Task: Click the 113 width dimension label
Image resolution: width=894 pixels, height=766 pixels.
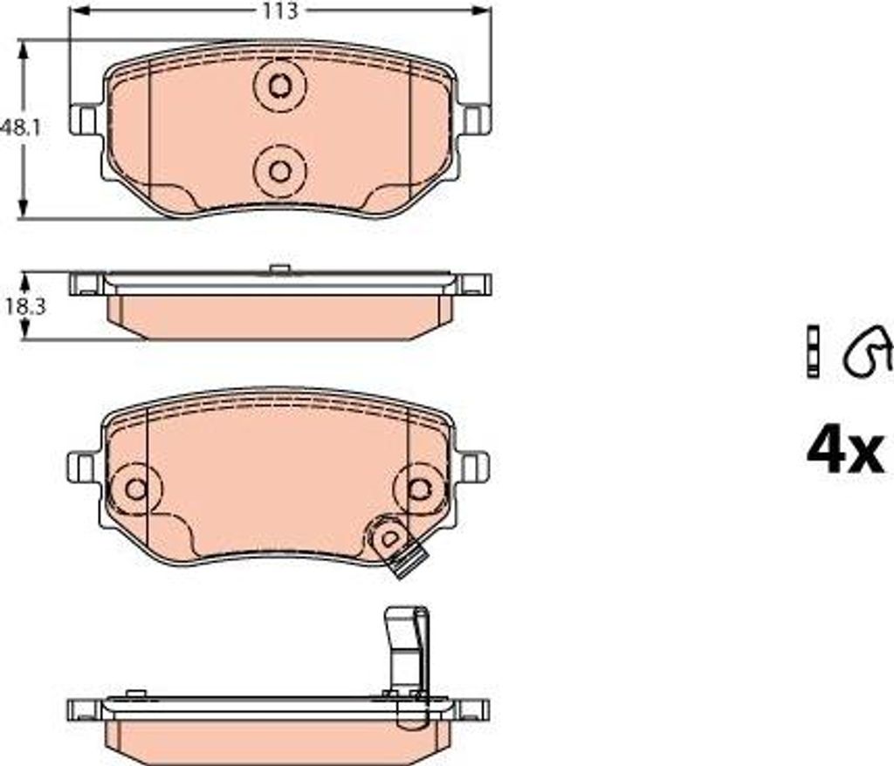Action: (x=280, y=10)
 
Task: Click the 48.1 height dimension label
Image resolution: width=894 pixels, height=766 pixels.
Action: (x=21, y=127)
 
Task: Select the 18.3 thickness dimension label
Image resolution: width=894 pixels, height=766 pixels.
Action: (x=25, y=307)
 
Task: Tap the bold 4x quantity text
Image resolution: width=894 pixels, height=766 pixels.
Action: (x=846, y=453)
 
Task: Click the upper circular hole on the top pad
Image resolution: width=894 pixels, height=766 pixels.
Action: (x=279, y=86)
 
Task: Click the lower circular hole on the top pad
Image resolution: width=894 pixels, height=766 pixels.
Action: (x=279, y=171)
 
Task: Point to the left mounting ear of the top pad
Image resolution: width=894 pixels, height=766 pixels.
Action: (x=86, y=120)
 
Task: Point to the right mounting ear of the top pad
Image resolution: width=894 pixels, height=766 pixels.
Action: (x=474, y=120)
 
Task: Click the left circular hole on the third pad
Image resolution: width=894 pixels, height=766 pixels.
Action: (x=136, y=489)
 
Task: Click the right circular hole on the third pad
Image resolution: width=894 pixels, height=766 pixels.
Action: (x=420, y=489)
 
